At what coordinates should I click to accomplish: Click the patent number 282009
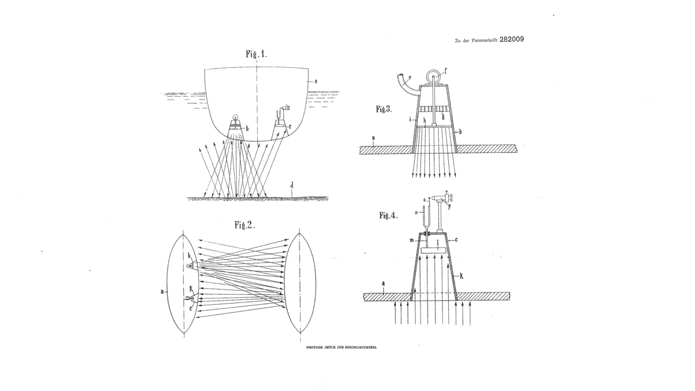[511, 39]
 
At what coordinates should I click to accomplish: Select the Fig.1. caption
[256, 54]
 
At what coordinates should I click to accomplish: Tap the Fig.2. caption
[244, 225]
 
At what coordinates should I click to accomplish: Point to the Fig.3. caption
[384, 109]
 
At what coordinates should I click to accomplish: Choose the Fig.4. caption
[388, 215]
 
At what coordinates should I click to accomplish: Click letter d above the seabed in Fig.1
[292, 185]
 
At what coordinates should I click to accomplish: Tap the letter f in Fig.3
[445, 71]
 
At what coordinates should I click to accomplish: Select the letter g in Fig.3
[443, 116]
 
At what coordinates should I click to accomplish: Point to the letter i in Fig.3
[410, 119]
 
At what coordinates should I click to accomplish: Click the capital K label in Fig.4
[462, 276]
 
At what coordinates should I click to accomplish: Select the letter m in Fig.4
[411, 240]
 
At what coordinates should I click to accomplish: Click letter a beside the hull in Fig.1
[316, 81]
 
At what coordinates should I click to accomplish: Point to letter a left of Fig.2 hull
[162, 291]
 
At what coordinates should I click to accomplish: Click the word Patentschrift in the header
[484, 41]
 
